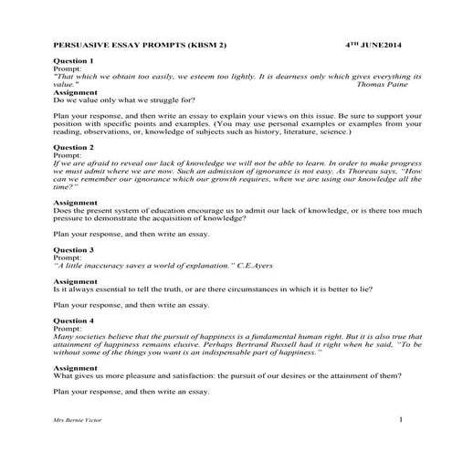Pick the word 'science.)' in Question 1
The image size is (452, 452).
(x=328, y=131)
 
